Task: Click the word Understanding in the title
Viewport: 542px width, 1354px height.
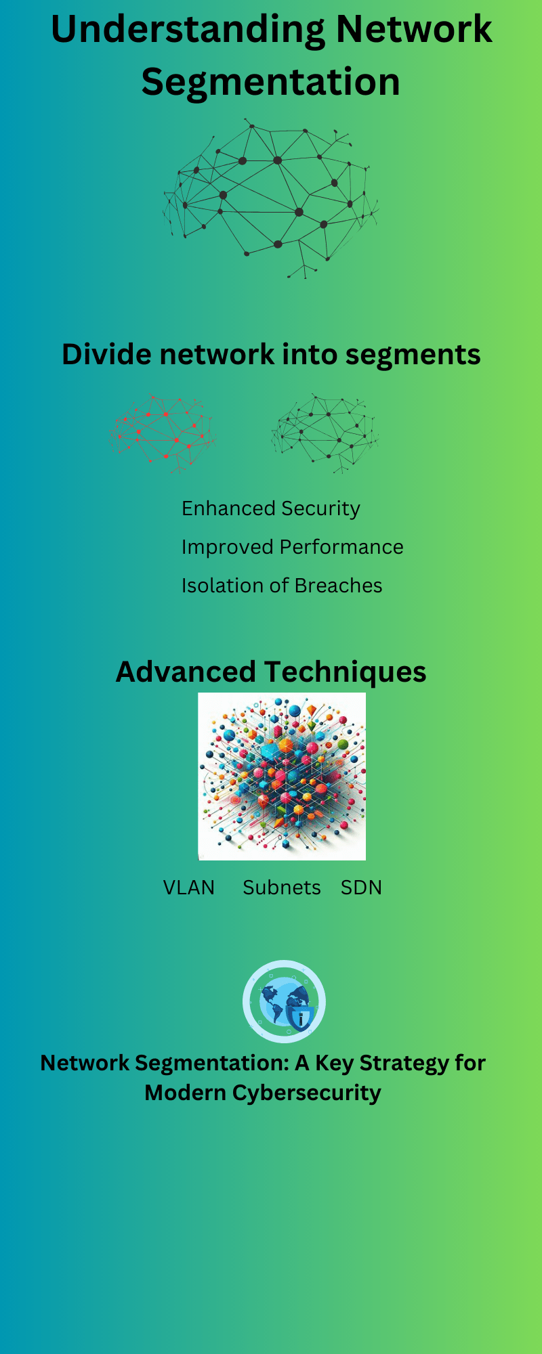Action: tap(188, 30)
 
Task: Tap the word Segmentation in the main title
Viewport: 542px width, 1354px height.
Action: tap(270, 82)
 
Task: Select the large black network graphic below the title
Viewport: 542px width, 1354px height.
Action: tap(270, 197)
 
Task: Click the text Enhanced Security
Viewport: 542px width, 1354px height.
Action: tap(270, 508)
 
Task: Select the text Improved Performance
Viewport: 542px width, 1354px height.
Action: tap(292, 547)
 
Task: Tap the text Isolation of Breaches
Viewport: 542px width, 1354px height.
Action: tap(281, 586)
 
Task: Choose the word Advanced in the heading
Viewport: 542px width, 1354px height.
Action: tap(185, 672)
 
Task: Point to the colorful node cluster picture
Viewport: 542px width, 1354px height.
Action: tap(282, 777)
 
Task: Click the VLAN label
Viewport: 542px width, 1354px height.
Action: tap(188, 888)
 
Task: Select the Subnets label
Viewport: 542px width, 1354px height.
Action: tap(282, 888)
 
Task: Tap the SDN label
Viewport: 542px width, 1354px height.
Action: tap(361, 888)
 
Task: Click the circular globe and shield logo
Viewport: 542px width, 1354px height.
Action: tap(284, 1002)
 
